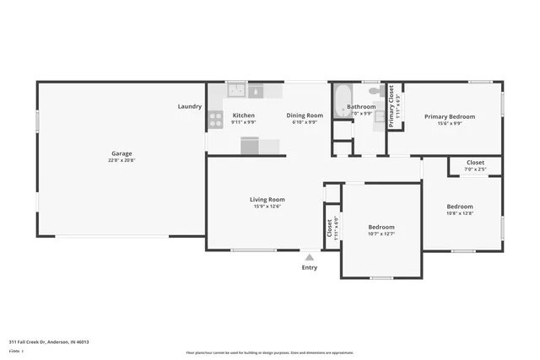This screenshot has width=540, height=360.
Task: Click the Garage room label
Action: (x=121, y=153)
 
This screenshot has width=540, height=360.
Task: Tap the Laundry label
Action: (x=189, y=106)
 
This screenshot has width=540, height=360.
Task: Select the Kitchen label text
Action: (x=244, y=116)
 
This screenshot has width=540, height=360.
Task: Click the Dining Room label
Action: (x=305, y=116)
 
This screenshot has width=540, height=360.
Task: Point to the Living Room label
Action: (x=267, y=200)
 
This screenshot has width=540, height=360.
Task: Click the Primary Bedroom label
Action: (x=449, y=116)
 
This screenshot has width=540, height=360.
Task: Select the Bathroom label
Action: (x=361, y=107)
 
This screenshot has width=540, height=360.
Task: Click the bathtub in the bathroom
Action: (x=340, y=101)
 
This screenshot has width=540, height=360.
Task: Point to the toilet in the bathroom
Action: (x=376, y=89)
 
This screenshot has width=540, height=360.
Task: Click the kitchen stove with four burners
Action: (x=216, y=118)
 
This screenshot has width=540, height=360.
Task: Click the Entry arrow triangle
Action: (x=310, y=257)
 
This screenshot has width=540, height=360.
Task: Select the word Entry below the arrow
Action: (x=310, y=268)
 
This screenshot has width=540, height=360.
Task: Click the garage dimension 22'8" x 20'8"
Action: (x=121, y=160)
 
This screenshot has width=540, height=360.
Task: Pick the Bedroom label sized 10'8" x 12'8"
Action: (x=460, y=207)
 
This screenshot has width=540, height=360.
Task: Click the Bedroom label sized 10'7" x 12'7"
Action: (x=381, y=227)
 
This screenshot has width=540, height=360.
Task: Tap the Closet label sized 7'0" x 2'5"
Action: (x=475, y=162)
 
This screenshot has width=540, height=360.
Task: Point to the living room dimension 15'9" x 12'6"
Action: (x=267, y=207)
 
